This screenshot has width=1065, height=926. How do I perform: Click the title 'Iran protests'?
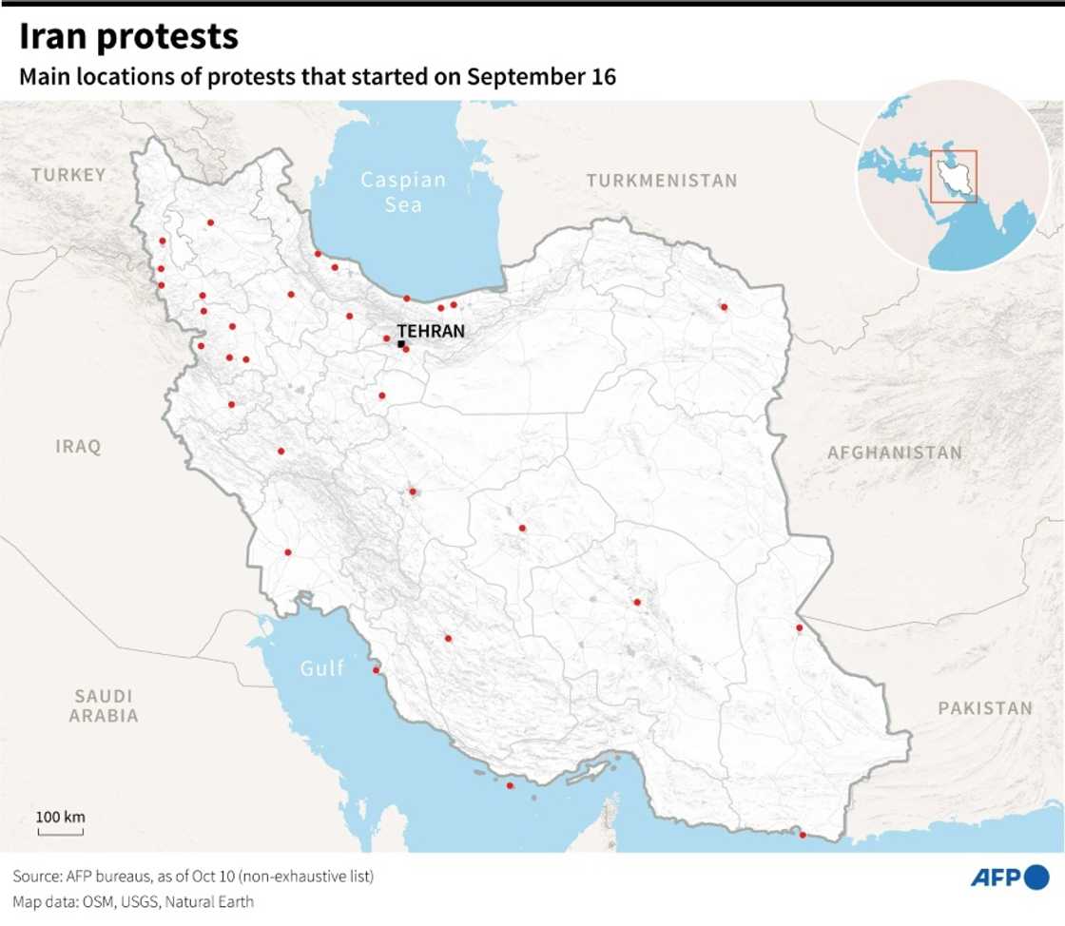[128, 37]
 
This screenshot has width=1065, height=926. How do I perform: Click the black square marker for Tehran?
[401, 343]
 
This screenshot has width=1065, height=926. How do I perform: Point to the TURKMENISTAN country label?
[661, 181]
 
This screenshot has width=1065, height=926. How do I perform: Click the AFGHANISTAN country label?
[894, 453]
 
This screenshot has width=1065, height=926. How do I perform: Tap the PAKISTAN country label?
[984, 708]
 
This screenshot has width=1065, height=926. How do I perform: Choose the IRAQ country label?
[78, 447]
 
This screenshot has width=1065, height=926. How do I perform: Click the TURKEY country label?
[68, 175]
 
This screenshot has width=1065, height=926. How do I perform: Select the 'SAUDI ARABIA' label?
[104, 706]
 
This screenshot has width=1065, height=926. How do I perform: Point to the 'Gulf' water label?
[322, 668]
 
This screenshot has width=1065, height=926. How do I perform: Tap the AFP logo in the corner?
[1009, 878]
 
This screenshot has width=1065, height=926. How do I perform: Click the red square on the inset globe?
[953, 176]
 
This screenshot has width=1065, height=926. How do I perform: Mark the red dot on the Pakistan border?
[800, 627]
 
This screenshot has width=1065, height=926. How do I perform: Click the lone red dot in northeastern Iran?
[724, 307]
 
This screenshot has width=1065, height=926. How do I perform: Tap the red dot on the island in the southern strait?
[511, 785]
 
